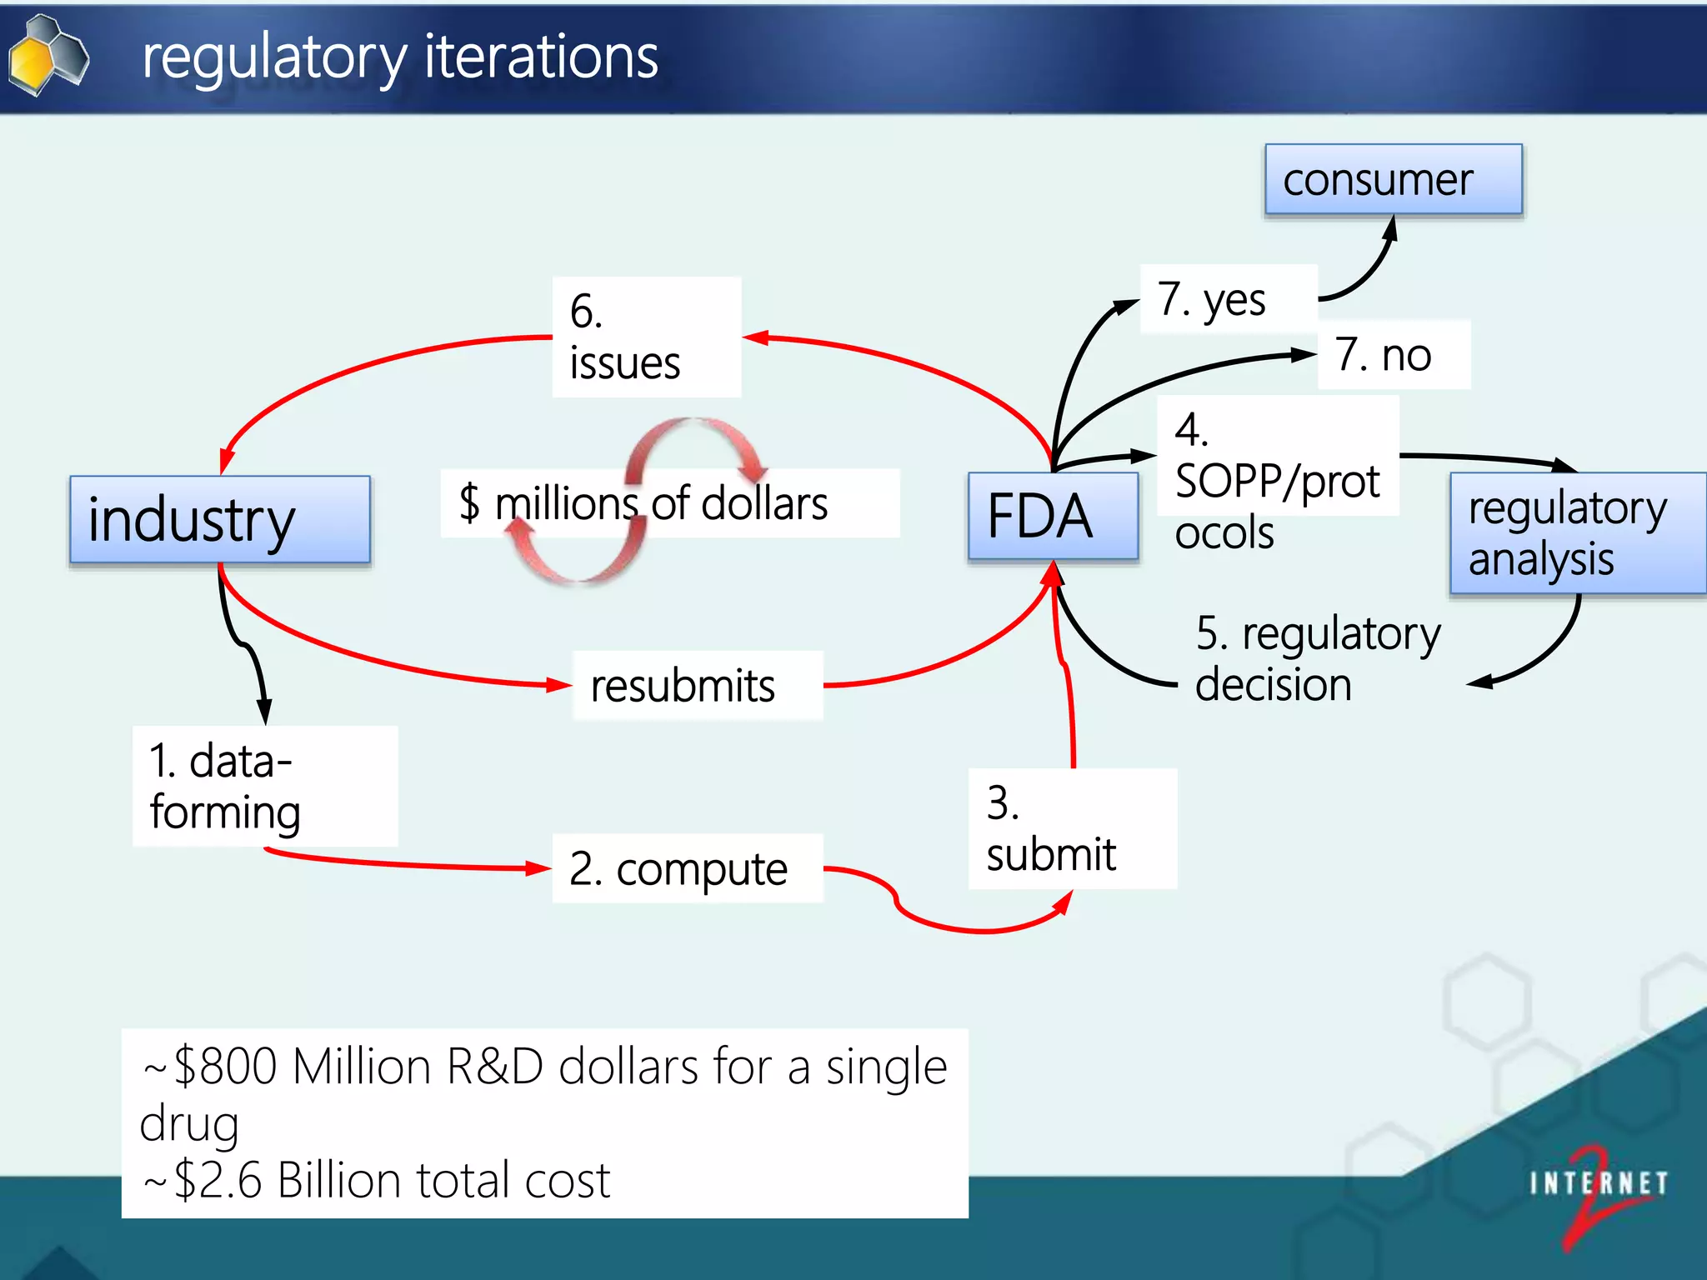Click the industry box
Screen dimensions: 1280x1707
coord(220,520)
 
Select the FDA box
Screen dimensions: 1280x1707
coord(1053,516)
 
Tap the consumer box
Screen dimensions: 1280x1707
coord(1393,180)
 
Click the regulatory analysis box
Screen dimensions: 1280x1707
coord(1577,533)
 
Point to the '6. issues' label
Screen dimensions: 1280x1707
coord(646,337)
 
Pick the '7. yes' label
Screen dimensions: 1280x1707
coord(1227,299)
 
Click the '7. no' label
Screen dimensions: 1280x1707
coord(1393,355)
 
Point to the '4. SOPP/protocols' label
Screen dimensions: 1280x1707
coord(1277,481)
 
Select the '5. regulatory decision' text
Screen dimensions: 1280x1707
coord(1317,658)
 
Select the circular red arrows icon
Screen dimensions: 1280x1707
coord(637,500)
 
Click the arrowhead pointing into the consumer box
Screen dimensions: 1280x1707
coord(1390,227)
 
